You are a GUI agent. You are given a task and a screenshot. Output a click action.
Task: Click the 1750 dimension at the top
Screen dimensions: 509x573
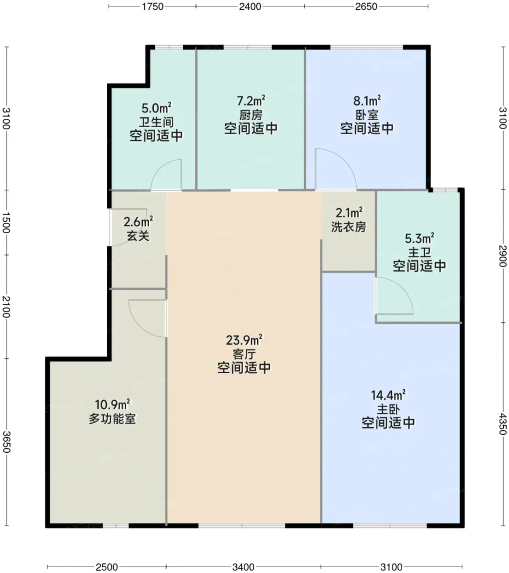pos(152,6)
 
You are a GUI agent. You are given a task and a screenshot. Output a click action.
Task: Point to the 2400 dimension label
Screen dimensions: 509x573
pos(250,6)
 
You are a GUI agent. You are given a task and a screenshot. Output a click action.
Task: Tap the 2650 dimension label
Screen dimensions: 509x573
pos(366,6)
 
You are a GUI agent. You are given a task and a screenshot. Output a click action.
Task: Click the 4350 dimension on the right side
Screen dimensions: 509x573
pos(503,424)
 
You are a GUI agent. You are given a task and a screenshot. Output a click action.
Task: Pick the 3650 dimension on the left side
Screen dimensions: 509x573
pos(6,442)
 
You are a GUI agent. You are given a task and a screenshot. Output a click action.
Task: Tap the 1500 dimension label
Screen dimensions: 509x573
pos(6,223)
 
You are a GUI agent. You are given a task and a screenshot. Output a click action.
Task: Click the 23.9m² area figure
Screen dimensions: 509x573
pos(244,340)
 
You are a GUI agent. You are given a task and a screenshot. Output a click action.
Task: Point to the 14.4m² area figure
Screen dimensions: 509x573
pos(388,395)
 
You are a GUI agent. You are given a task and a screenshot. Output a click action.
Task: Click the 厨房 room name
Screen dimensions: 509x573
pos(251,115)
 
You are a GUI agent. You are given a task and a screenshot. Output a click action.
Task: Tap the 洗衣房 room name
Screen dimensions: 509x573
pos(349,227)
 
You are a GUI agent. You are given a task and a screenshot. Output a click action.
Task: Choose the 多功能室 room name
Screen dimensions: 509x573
pos(112,419)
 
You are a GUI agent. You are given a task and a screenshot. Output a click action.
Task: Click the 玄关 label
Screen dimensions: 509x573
pos(138,236)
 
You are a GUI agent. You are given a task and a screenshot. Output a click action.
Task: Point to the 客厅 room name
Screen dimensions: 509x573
pos(244,354)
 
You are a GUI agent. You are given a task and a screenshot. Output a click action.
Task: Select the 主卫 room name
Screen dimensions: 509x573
pos(419,252)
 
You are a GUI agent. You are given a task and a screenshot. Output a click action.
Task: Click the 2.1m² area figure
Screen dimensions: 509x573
pos(349,213)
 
